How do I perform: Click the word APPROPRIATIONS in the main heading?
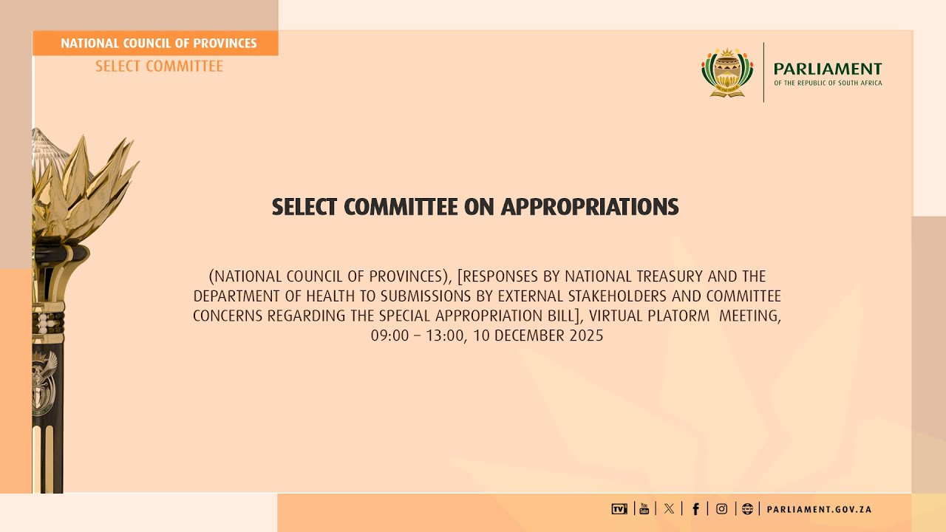(x=590, y=207)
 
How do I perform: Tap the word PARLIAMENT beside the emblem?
(x=827, y=69)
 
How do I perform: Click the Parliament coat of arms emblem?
(x=727, y=72)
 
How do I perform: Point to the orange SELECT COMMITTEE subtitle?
(x=159, y=66)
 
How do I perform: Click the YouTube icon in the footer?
(x=644, y=508)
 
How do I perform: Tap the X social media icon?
(x=669, y=508)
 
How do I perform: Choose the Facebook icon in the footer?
(x=695, y=508)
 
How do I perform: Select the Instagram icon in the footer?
(x=721, y=508)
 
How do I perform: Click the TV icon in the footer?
(x=619, y=508)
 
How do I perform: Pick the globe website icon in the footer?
(x=747, y=508)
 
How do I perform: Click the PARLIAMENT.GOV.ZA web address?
(x=819, y=509)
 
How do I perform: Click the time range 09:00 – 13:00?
(x=418, y=335)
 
